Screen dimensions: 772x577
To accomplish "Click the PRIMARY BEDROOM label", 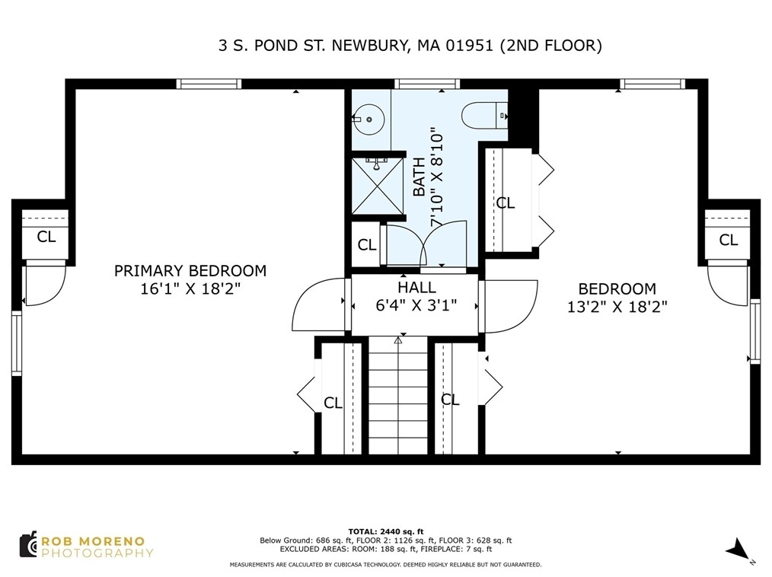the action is [x=190, y=270].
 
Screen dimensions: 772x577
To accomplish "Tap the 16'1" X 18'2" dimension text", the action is [x=190, y=288].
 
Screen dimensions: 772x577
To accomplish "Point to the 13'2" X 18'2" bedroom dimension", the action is [x=617, y=307].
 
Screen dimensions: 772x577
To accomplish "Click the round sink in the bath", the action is [x=369, y=120].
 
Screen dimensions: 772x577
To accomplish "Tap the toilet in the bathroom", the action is [x=484, y=116].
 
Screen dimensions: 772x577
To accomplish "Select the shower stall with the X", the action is [x=377, y=186].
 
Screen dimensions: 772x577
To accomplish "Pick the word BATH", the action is [x=419, y=177].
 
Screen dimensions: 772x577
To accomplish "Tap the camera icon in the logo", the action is [x=29, y=544].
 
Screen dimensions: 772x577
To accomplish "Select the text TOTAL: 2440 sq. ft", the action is [x=385, y=531].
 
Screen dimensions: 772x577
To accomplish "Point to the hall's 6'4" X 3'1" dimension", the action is [x=416, y=306].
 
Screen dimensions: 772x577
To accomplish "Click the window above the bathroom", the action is [x=427, y=84].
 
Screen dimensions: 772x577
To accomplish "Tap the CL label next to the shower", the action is [x=367, y=244].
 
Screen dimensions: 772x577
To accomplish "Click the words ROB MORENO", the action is [x=93, y=541].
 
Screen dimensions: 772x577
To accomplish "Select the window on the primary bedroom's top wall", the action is [x=209, y=84].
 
